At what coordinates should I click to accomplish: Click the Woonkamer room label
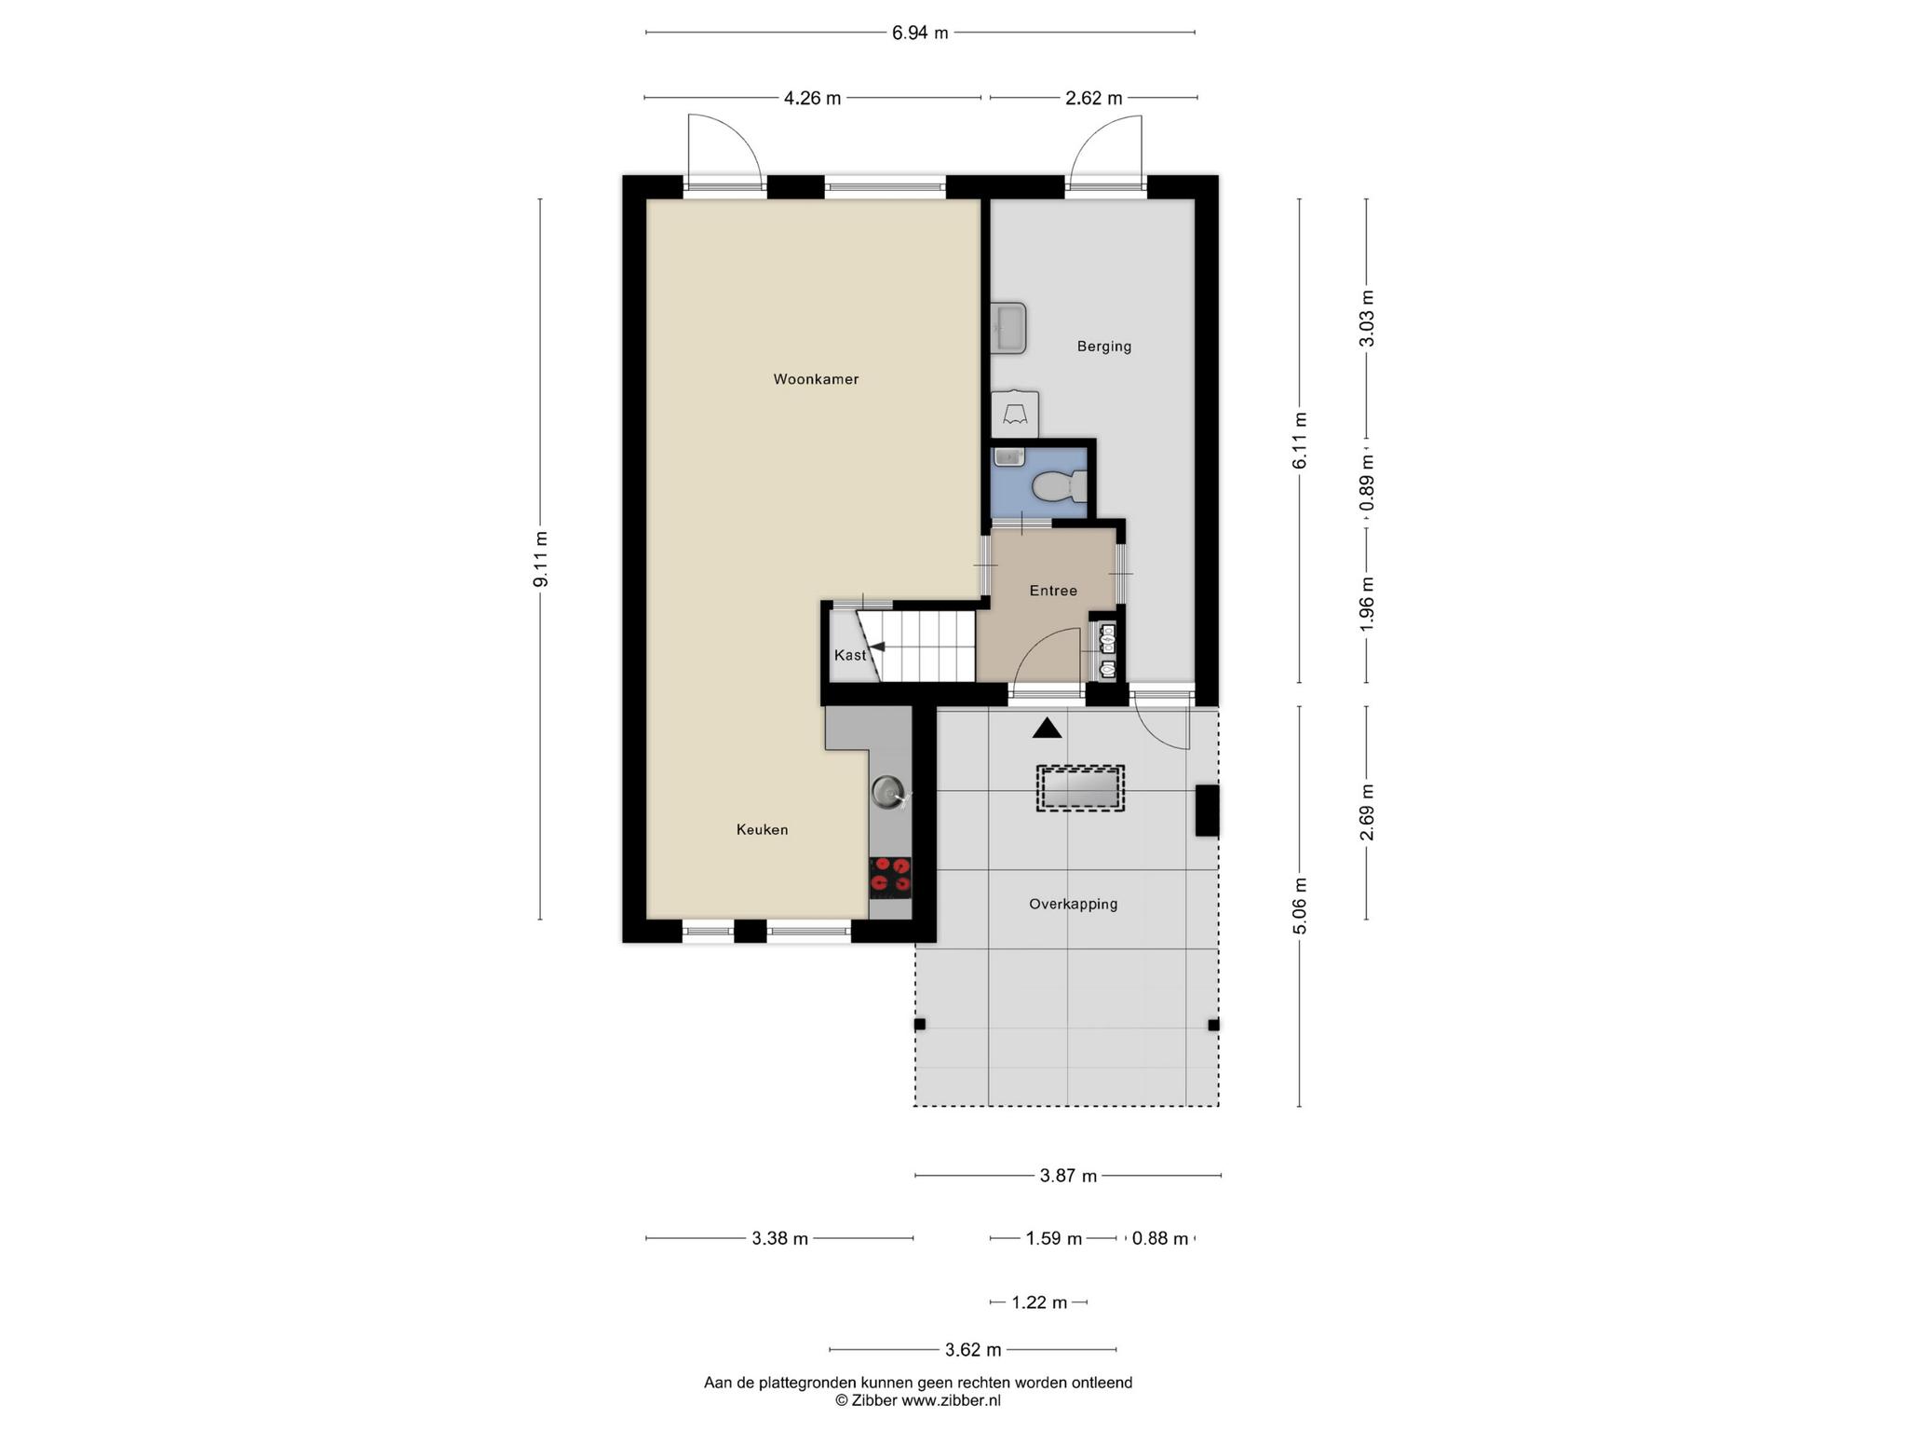[816, 379]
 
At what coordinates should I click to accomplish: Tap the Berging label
[1104, 347]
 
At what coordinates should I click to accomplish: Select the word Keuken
[762, 829]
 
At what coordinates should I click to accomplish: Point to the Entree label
[1053, 591]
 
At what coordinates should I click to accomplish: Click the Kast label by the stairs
[850, 655]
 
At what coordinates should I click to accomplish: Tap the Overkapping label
[1073, 904]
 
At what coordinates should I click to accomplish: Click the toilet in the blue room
[1060, 485]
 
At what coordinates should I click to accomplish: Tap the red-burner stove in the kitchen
[890, 878]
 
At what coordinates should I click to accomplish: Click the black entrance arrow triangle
[1047, 729]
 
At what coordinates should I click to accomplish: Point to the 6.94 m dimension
[920, 34]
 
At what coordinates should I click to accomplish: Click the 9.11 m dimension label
[541, 559]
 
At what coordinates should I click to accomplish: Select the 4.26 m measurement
[812, 98]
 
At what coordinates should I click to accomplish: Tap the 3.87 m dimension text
[1068, 1176]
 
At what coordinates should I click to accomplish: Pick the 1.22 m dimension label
[1039, 1302]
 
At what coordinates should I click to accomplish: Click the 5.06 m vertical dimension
[1301, 906]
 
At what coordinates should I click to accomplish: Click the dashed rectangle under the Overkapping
[1080, 789]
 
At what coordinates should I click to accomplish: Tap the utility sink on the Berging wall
[1008, 328]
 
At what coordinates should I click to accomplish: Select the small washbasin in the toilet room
[1008, 457]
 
